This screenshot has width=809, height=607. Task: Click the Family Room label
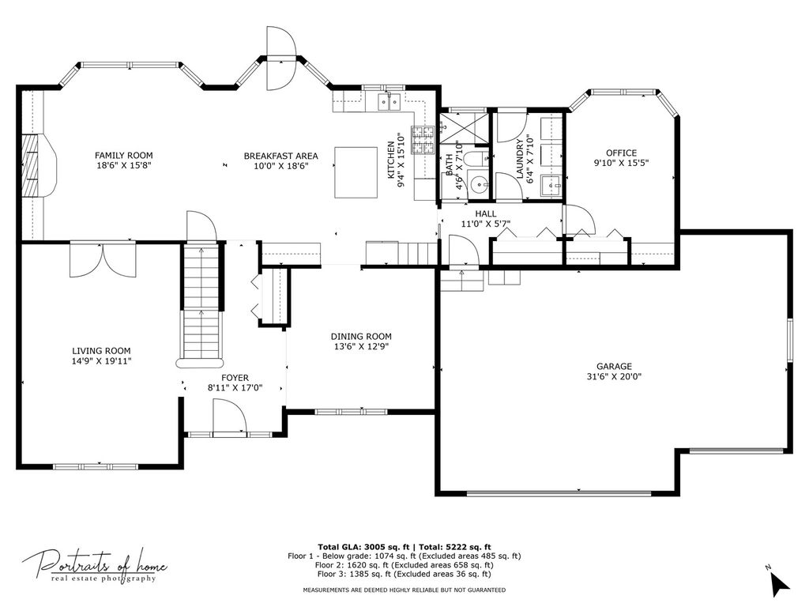tap(124, 156)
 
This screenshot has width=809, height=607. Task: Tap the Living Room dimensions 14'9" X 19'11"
tap(102, 361)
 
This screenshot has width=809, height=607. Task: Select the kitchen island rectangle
tap(356, 172)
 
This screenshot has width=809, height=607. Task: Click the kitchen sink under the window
tap(389, 102)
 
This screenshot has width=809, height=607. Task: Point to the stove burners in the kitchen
tap(423, 140)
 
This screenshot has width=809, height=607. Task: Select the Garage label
tap(614, 367)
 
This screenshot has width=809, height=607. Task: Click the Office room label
tap(621, 153)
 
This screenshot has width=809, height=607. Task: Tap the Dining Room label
tap(361, 337)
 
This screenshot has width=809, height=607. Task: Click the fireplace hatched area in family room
tap(29, 165)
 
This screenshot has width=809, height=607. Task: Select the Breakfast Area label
tap(280, 156)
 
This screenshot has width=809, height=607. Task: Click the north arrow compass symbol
tap(780, 582)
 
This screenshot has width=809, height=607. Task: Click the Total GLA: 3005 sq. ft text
tap(363, 547)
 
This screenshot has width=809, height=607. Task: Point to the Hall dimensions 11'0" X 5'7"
tap(486, 224)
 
